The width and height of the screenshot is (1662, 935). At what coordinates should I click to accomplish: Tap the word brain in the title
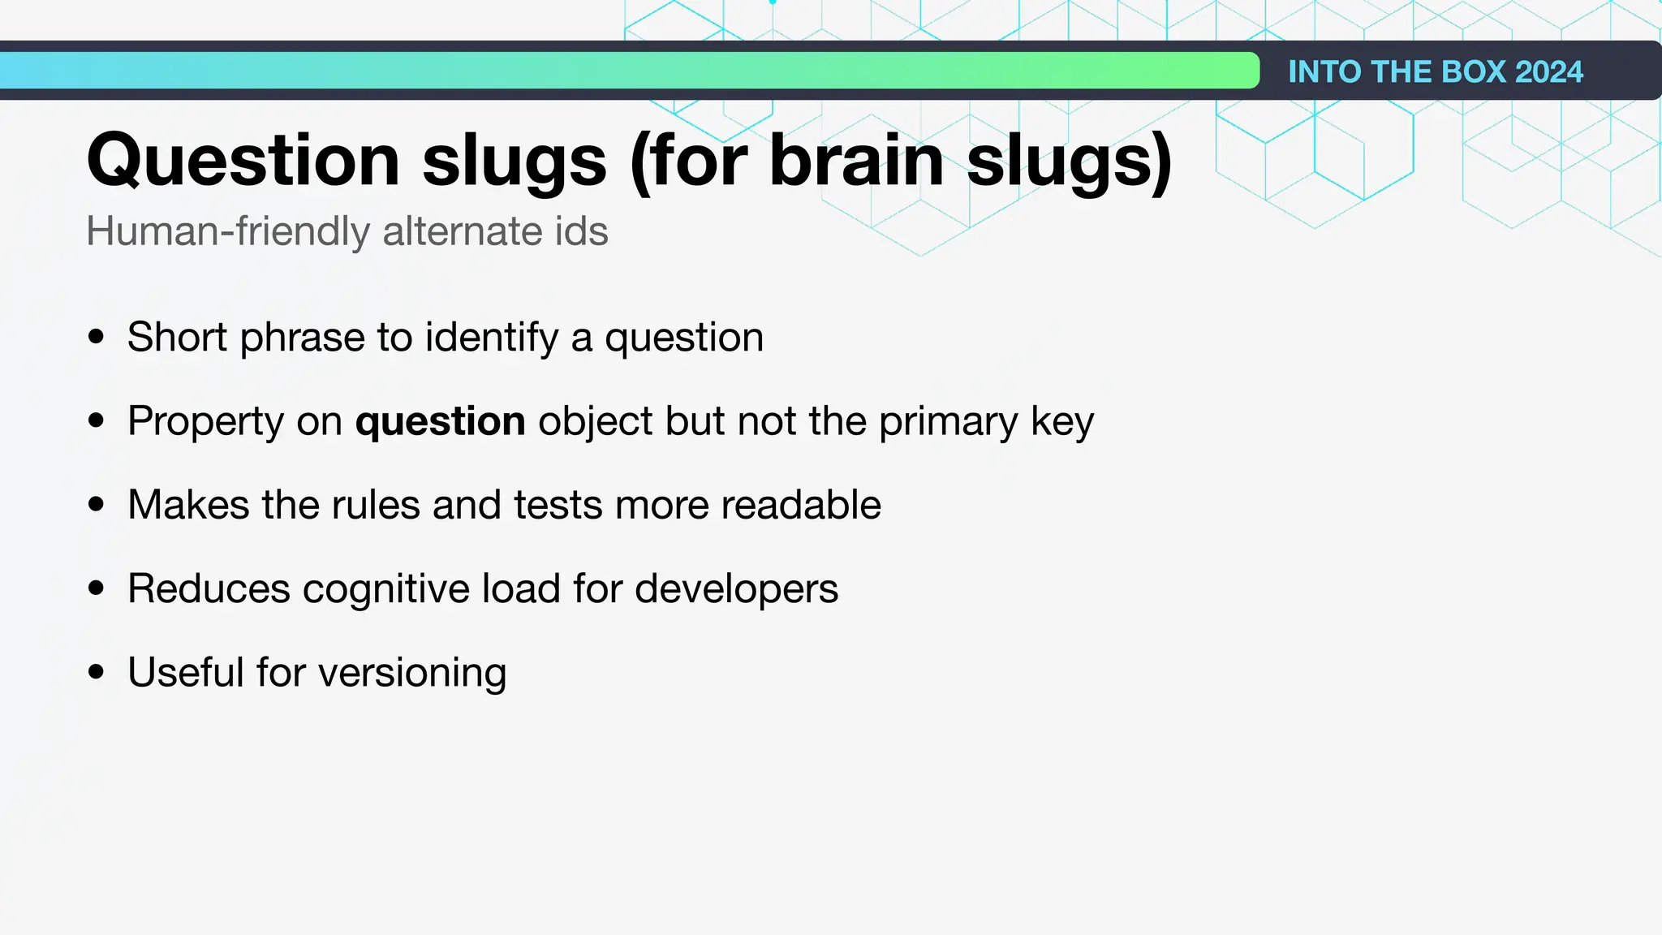[856, 161]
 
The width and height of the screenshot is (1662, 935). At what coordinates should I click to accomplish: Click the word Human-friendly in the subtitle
[228, 231]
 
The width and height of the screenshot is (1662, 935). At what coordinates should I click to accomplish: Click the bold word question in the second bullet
[441, 421]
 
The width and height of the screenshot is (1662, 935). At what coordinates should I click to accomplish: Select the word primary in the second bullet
[948, 421]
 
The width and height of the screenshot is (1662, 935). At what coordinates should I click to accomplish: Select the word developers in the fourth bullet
[736, 588]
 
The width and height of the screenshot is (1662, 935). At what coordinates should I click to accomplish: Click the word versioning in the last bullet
[412, 672]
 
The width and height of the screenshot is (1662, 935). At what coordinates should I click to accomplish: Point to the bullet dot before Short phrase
[97, 337]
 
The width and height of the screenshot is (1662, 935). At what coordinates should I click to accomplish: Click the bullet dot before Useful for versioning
[97, 672]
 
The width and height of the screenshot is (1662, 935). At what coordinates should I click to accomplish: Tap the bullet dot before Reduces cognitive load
[97, 588]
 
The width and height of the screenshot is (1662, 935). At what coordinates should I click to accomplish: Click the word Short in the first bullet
[177, 337]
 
